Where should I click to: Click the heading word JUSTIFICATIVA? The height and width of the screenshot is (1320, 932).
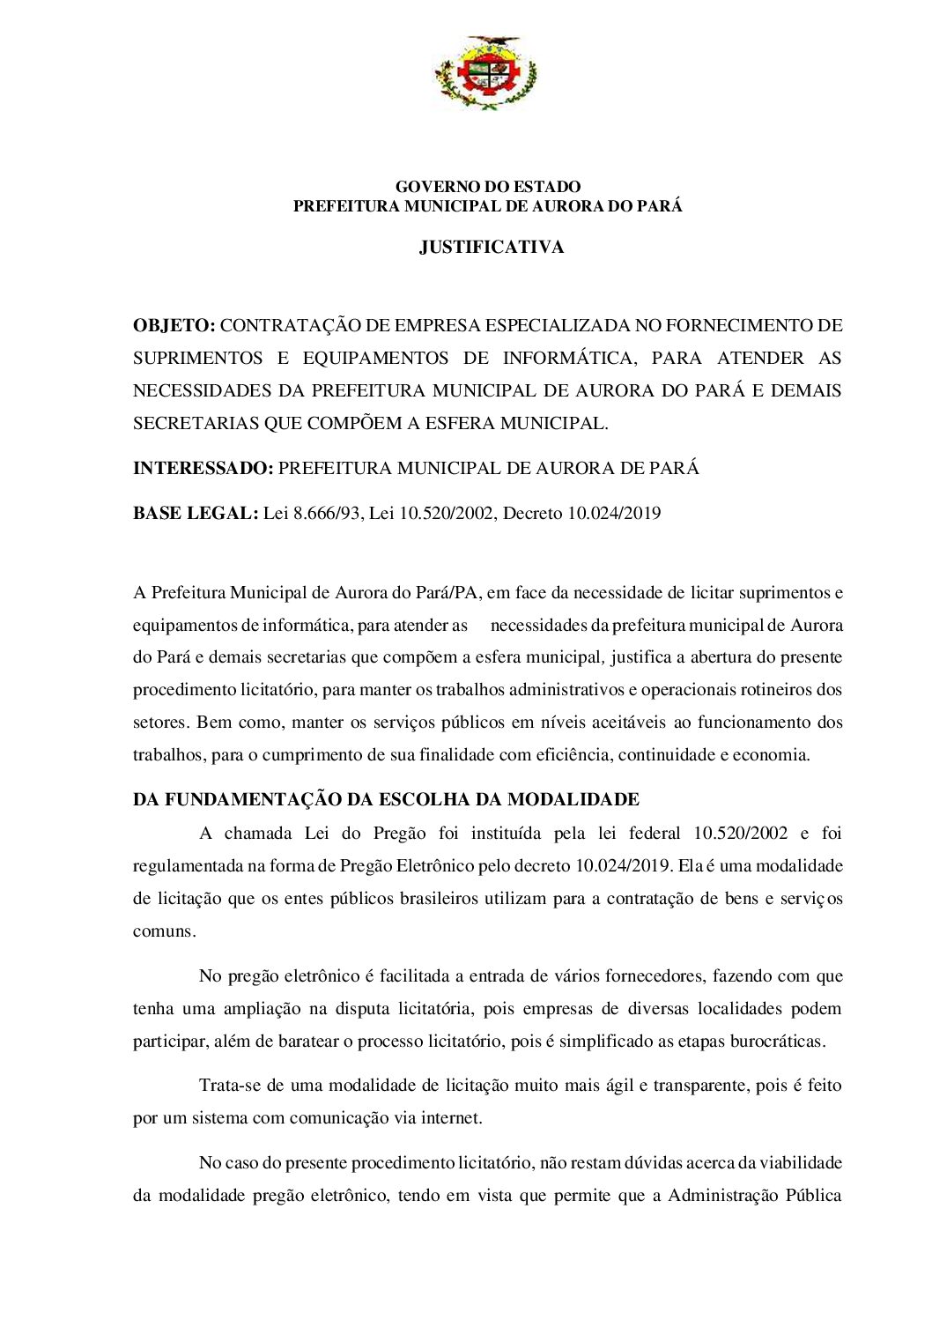click(x=492, y=248)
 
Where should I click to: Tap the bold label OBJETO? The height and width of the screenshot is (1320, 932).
click(x=174, y=326)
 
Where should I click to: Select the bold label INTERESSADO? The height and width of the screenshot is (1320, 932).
click(x=203, y=469)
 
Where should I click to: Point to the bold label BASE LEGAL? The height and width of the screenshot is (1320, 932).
click(x=195, y=514)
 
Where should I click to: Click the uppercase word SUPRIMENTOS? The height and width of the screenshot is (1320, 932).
click(x=197, y=359)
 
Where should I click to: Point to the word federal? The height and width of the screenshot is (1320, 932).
click(x=655, y=834)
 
